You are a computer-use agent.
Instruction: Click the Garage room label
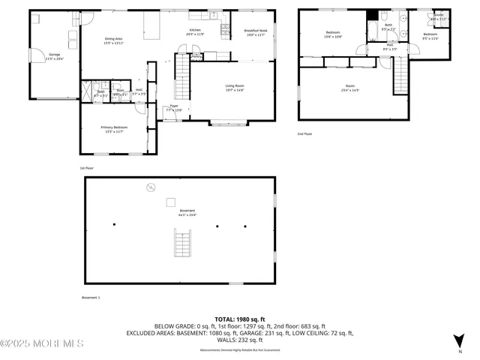[x=55, y=56]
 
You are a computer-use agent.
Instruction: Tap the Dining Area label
[x=113, y=40]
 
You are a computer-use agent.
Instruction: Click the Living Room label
[x=235, y=88]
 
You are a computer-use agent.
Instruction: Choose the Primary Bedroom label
[x=114, y=129]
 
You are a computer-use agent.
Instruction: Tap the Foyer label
[x=173, y=108]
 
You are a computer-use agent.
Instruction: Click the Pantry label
[x=196, y=56]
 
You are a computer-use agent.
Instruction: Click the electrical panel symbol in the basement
[x=150, y=186]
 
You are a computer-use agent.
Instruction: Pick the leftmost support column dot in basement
[x=114, y=224]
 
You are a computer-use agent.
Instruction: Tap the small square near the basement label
[x=171, y=201]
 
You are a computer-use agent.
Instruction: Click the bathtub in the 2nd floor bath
[x=373, y=31]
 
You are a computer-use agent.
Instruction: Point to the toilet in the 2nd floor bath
[x=383, y=16]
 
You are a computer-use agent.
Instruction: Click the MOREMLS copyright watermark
[x=42, y=343]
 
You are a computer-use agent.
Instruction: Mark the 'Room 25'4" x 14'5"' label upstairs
[x=349, y=88]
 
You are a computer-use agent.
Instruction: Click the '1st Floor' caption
[x=87, y=169]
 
